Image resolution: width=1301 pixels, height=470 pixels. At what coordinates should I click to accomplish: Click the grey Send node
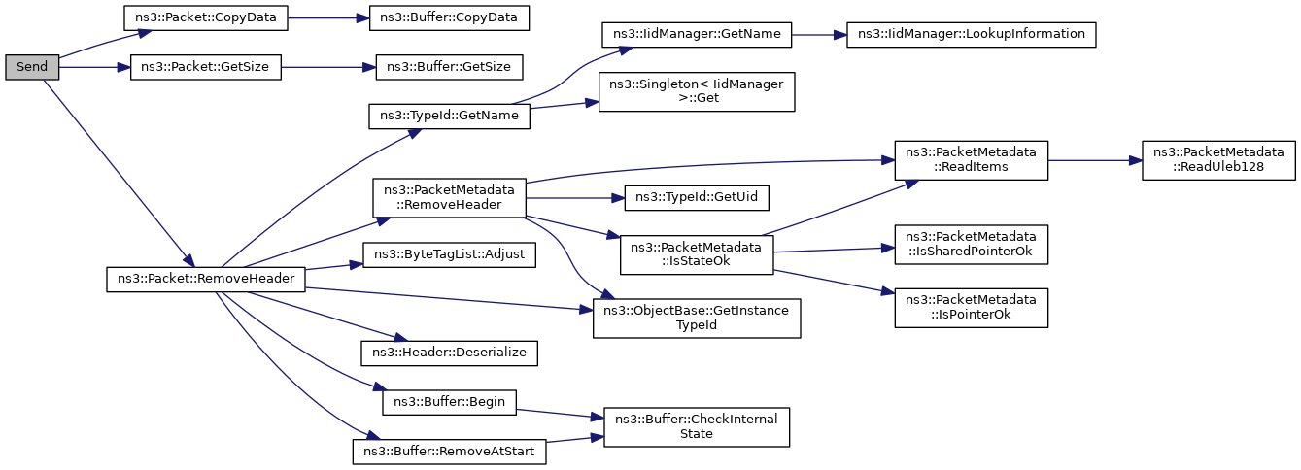click(32, 67)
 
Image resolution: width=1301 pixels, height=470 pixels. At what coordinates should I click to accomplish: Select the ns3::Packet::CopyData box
click(206, 18)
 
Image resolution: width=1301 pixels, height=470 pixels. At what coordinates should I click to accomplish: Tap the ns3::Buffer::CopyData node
click(449, 18)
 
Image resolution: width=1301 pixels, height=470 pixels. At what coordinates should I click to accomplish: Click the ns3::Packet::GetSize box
click(206, 67)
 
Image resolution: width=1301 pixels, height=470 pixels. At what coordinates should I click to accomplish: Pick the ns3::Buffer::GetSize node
click(449, 67)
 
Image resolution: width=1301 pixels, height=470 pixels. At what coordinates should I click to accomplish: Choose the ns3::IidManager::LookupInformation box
click(971, 35)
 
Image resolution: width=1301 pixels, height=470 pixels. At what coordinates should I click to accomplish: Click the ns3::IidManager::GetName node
click(697, 35)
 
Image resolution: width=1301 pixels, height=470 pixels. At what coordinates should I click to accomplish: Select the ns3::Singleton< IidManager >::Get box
click(697, 91)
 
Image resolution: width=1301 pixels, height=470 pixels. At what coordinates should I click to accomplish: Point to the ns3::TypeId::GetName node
click(449, 117)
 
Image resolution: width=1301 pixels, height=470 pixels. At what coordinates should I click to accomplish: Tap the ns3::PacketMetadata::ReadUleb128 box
click(1218, 160)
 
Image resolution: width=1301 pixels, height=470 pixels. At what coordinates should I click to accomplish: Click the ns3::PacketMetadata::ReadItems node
click(971, 160)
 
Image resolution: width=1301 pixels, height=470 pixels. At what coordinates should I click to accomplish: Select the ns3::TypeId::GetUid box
click(697, 198)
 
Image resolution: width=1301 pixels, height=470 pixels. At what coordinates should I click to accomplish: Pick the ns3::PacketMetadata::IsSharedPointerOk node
click(971, 245)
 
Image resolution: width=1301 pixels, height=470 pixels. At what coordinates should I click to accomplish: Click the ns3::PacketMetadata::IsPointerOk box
click(971, 308)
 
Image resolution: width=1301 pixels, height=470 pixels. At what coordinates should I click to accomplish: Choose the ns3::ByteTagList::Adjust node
click(449, 254)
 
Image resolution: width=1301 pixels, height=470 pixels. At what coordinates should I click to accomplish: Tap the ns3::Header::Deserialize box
click(449, 353)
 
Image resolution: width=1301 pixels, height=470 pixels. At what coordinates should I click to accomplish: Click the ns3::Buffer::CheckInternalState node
click(697, 427)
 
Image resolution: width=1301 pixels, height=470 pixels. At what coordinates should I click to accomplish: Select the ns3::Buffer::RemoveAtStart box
click(449, 452)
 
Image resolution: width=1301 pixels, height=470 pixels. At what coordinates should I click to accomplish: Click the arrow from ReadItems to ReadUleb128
click(1095, 160)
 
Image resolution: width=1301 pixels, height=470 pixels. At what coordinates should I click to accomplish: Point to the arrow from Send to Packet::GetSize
click(94, 67)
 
